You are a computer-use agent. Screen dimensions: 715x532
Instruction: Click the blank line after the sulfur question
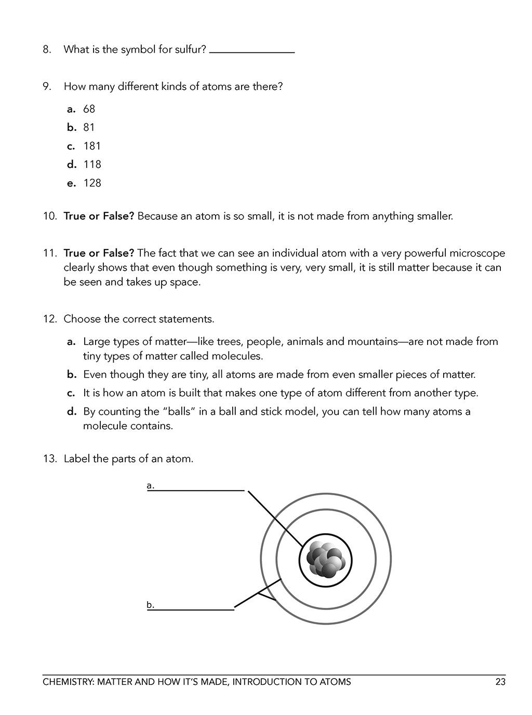pos(252,51)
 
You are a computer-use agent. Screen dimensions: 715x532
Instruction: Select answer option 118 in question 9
pos(92,165)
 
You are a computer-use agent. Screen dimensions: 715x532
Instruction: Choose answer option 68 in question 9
pos(89,109)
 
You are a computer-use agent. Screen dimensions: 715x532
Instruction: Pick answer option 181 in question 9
pos(92,146)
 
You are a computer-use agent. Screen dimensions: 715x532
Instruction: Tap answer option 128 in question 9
pos(92,183)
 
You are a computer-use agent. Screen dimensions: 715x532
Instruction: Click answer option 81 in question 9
pos(89,128)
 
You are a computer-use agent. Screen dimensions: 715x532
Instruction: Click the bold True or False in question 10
pos(99,216)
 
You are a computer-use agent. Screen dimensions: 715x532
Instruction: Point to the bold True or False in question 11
pos(99,254)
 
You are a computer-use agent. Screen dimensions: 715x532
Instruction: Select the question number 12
pos(50,319)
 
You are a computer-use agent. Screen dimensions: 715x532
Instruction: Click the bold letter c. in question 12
pos(72,393)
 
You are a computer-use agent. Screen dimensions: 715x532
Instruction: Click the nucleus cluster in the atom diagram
pos(326,560)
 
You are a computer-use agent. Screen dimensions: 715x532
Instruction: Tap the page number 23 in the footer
pos(500,682)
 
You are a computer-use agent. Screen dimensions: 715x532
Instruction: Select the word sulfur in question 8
pos(190,50)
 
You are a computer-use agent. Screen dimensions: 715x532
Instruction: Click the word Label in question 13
pos(77,459)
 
